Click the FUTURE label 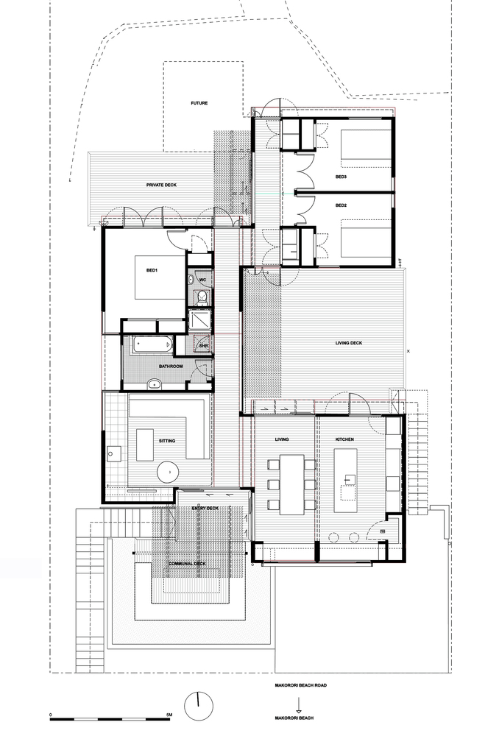point(199,103)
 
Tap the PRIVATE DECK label point(161,185)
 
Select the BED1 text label point(152,270)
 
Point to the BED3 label point(341,177)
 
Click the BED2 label point(341,205)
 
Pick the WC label point(203,280)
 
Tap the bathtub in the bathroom point(150,345)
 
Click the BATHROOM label point(171,366)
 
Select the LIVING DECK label point(349,343)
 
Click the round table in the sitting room point(168,471)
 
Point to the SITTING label point(167,441)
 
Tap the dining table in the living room point(292,484)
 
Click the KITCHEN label point(344,439)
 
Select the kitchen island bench point(345,481)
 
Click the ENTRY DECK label point(205,509)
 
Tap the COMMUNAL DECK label point(187,564)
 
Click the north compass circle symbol point(199,707)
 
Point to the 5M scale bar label point(169,715)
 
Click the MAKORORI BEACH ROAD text point(300,685)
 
